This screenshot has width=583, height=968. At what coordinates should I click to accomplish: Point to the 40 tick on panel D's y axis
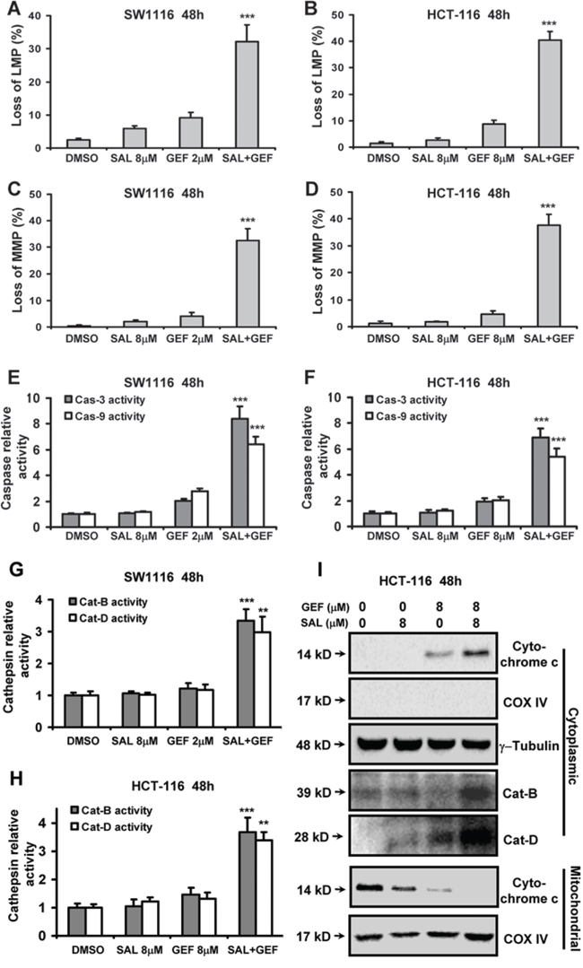pyautogui.click(x=337, y=219)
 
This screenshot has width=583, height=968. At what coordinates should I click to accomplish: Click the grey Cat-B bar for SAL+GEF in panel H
pyautogui.click(x=230, y=884)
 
